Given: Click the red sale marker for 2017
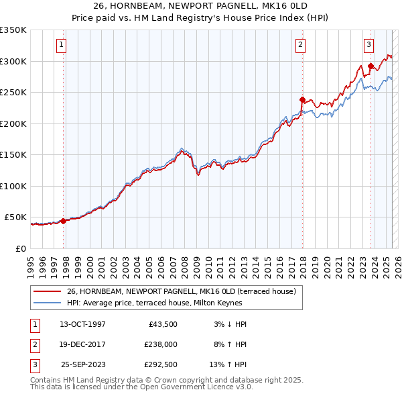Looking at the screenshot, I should [x=302, y=100].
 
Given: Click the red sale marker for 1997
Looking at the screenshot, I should [x=63, y=221].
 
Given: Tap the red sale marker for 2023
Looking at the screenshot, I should [x=371, y=66].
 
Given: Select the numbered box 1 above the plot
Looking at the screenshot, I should [x=61, y=45].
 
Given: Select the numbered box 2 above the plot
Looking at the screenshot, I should [x=301, y=45].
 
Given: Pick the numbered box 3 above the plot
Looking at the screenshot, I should [x=368, y=45].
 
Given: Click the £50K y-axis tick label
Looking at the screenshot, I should [x=15, y=217].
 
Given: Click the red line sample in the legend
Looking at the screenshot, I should [x=47, y=291].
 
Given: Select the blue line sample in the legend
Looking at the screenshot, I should [x=47, y=303].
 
